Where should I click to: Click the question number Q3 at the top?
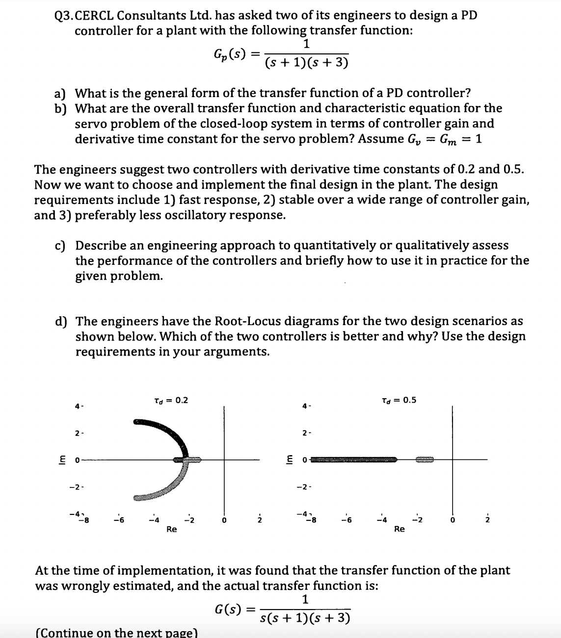63,15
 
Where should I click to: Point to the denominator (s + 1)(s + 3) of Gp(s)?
306,63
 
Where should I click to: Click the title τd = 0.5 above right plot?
399,400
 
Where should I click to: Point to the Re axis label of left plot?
171,529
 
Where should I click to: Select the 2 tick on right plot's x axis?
487,520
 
